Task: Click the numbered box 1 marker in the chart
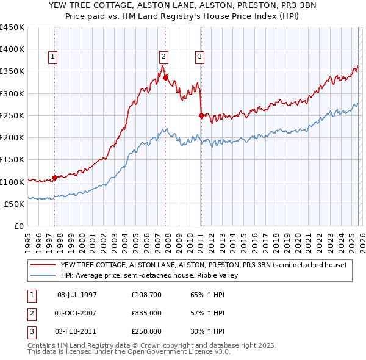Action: pos(53,57)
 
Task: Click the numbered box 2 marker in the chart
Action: pos(164,57)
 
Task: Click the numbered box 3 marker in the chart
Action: pos(199,57)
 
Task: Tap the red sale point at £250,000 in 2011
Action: pos(201,115)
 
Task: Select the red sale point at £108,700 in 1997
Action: pos(54,178)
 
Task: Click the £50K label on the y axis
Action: pos(14,204)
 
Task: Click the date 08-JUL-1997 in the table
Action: pos(77,295)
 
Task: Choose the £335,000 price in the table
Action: pos(146,313)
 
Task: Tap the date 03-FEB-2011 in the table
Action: pos(77,331)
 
